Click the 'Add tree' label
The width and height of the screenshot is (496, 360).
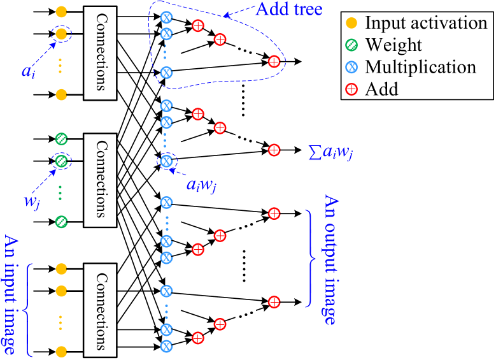(288, 9)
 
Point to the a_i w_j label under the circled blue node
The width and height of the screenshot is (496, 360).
(201, 185)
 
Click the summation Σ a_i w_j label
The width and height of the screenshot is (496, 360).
(329, 152)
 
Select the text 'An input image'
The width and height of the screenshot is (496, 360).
(10, 294)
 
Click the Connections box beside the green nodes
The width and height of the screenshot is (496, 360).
(100, 180)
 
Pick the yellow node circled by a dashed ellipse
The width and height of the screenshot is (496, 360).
(61, 33)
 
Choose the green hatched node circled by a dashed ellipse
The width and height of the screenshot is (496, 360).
(61, 161)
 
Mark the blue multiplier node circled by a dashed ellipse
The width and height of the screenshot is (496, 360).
(166, 161)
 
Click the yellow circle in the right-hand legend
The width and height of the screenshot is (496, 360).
(351, 23)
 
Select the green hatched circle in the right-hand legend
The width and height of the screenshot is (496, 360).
(351, 45)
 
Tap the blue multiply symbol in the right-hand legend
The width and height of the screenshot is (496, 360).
(351, 67)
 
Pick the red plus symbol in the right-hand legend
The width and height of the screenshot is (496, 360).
(351, 89)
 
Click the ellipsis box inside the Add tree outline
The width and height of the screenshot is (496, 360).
(245, 48)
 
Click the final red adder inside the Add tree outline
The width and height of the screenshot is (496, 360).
(274, 62)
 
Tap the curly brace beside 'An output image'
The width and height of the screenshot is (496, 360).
(310, 258)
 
